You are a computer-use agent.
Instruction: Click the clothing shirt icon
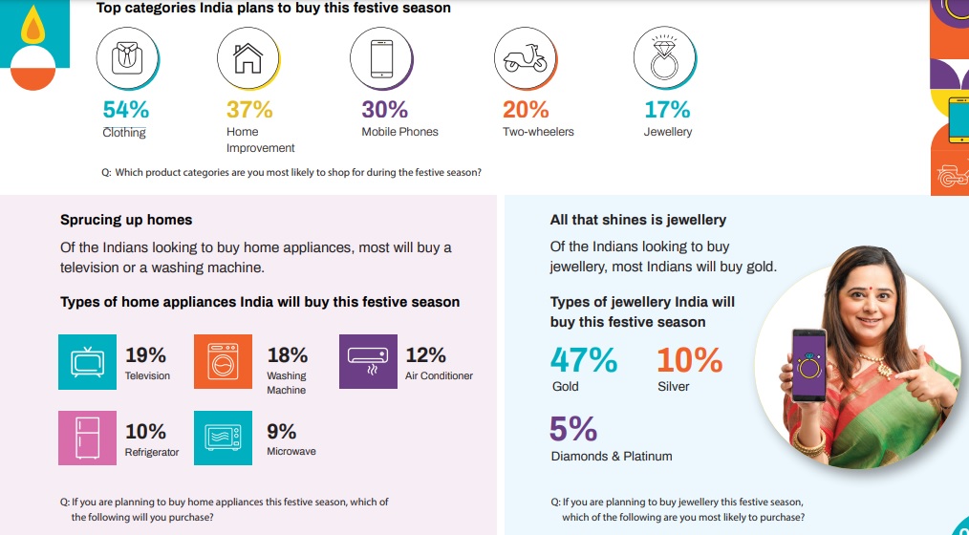point(122,57)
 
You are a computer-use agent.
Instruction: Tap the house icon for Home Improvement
point(248,57)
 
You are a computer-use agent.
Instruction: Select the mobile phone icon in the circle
point(380,57)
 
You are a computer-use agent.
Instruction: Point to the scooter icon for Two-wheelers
point(526,57)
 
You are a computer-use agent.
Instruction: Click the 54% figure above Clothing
point(125,110)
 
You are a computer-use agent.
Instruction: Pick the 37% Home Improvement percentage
point(249,110)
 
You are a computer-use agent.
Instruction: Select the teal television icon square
point(87,362)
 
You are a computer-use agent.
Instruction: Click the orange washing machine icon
point(224,362)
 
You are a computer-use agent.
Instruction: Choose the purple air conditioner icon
point(368,362)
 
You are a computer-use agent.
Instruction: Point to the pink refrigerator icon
point(87,438)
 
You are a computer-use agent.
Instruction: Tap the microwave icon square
point(224,438)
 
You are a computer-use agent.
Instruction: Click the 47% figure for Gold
point(584,360)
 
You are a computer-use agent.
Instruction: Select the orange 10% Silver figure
point(689,360)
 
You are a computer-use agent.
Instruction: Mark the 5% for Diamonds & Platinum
point(573,429)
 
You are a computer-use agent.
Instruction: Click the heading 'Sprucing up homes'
point(126,220)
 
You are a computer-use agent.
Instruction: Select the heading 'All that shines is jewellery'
point(638,220)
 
